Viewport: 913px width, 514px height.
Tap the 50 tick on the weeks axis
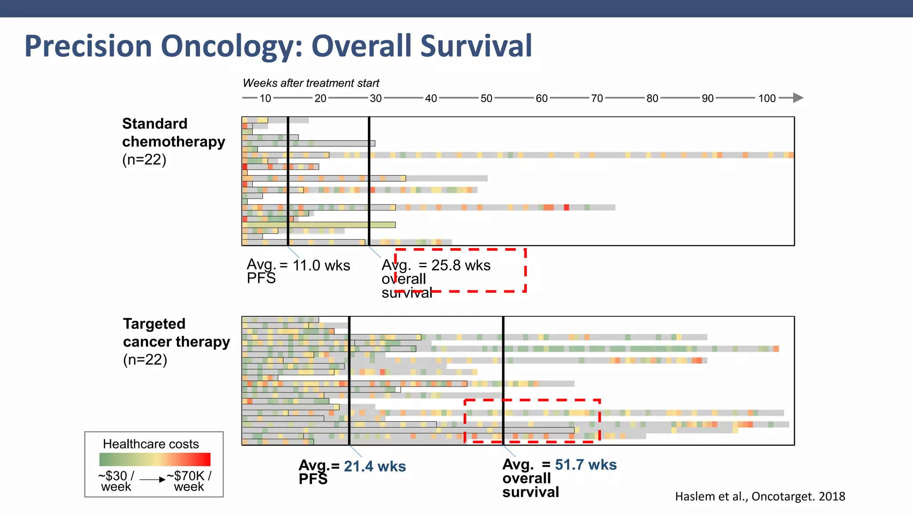pos(486,98)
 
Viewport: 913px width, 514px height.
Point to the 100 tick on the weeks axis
pos(767,98)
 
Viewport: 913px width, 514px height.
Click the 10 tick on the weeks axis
pos(265,98)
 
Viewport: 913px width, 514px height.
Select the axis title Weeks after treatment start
pos(311,83)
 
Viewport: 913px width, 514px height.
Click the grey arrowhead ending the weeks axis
pos(798,98)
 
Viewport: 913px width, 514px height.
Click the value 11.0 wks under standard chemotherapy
pos(321,265)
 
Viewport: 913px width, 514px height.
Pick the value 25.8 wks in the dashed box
pos(461,265)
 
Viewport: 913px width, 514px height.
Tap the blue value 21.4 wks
pos(374,466)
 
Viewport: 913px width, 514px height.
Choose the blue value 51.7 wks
pos(585,464)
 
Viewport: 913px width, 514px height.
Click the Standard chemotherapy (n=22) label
pos(173,141)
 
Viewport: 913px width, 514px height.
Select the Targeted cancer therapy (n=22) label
pos(176,341)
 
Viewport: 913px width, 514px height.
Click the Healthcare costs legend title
pos(151,444)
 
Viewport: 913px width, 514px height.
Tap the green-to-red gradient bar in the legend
pos(155,460)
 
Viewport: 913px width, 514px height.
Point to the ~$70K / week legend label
pos(189,481)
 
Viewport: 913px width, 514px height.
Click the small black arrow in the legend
pos(153,480)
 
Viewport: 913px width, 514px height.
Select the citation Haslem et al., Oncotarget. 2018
pos(760,496)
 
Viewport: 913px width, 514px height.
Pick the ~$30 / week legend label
pos(116,481)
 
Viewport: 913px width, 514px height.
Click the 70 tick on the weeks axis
pos(597,98)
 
